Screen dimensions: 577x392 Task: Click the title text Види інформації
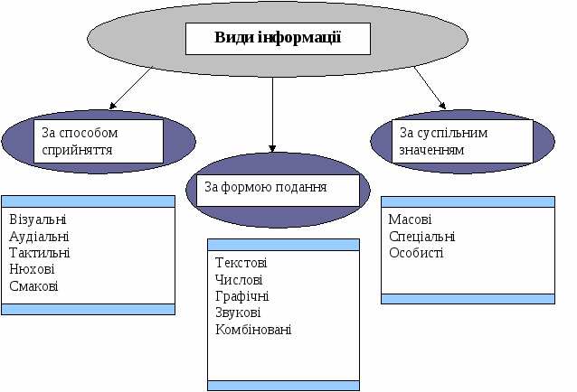click(x=278, y=38)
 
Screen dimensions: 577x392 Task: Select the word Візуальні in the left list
click(x=38, y=219)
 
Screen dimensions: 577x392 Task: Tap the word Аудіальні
click(x=39, y=237)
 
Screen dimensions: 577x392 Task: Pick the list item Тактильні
click(x=40, y=253)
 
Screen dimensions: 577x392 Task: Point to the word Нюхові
click(x=32, y=269)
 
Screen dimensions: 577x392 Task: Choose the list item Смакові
click(x=33, y=285)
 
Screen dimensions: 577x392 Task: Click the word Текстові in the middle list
click(x=241, y=263)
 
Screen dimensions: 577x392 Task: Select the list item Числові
click(x=239, y=280)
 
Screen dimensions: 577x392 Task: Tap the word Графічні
click(x=242, y=296)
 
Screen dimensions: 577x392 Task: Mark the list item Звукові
click(x=238, y=313)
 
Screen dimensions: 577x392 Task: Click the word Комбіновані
click(x=253, y=329)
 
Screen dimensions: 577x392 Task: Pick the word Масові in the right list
click(x=410, y=219)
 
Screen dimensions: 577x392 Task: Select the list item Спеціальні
click(x=422, y=237)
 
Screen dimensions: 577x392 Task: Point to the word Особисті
click(x=416, y=253)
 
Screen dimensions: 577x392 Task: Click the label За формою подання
click(x=266, y=187)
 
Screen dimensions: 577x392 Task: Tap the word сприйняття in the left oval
click(x=77, y=150)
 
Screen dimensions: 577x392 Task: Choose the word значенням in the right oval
click(x=431, y=150)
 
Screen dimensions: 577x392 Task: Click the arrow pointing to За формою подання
click(x=272, y=115)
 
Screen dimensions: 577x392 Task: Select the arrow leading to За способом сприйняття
click(x=130, y=89)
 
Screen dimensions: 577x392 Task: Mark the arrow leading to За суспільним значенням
click(x=430, y=89)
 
